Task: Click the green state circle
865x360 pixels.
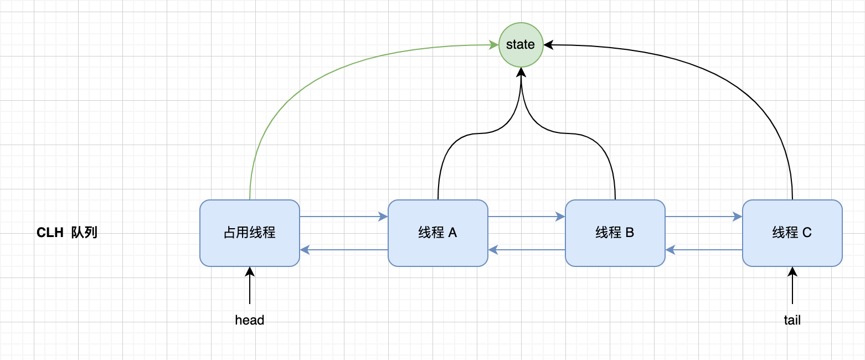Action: click(521, 45)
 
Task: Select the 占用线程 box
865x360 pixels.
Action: click(250, 233)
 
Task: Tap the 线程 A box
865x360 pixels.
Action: click(438, 233)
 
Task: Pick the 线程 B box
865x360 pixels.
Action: click(615, 233)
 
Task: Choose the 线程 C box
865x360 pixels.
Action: click(792, 233)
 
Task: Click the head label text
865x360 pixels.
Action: click(250, 320)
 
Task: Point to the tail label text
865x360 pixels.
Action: click(792, 320)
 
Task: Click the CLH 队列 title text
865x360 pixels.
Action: click(67, 233)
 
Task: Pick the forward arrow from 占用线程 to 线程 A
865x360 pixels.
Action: click(343, 217)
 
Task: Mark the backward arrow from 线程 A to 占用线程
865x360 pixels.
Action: click(343, 250)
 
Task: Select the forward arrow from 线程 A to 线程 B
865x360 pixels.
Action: click(526, 217)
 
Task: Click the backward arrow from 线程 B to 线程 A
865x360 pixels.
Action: click(526, 250)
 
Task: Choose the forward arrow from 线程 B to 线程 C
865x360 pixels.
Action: click(703, 217)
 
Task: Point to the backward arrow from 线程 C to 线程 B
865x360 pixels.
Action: click(703, 250)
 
